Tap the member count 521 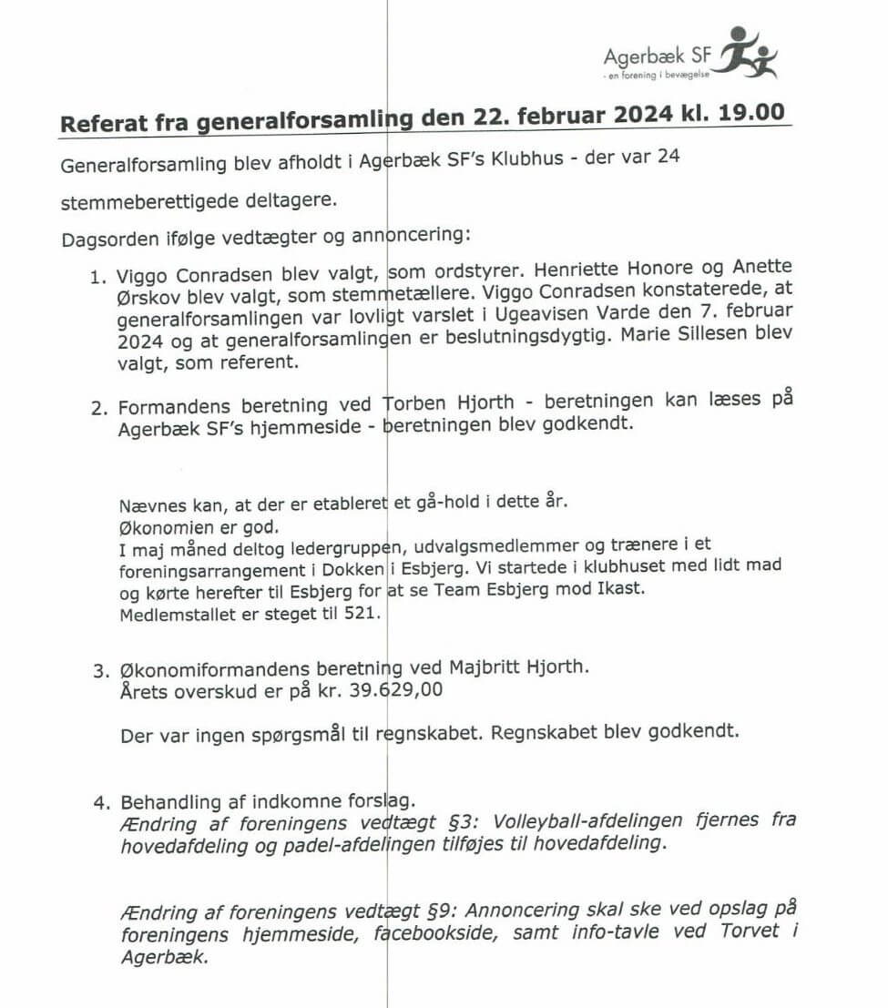[360, 613]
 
